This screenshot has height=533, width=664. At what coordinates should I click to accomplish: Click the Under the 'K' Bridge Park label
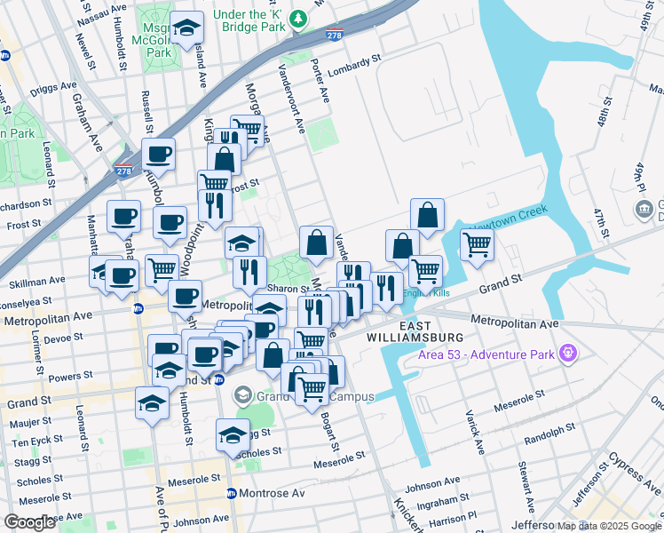pos(241,20)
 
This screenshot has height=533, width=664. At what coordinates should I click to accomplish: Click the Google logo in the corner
pos(30,522)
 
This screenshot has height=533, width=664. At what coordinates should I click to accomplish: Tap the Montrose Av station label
pos(273,492)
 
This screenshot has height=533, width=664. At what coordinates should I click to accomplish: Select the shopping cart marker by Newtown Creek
pos(477,244)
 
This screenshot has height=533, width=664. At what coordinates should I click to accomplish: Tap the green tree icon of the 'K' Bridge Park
pos(299,18)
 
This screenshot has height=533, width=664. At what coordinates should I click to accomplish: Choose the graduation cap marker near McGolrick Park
pos(187,29)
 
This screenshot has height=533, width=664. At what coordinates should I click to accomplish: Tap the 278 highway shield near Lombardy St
pos(334,36)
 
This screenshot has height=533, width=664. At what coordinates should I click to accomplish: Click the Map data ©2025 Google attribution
pos(608,526)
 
